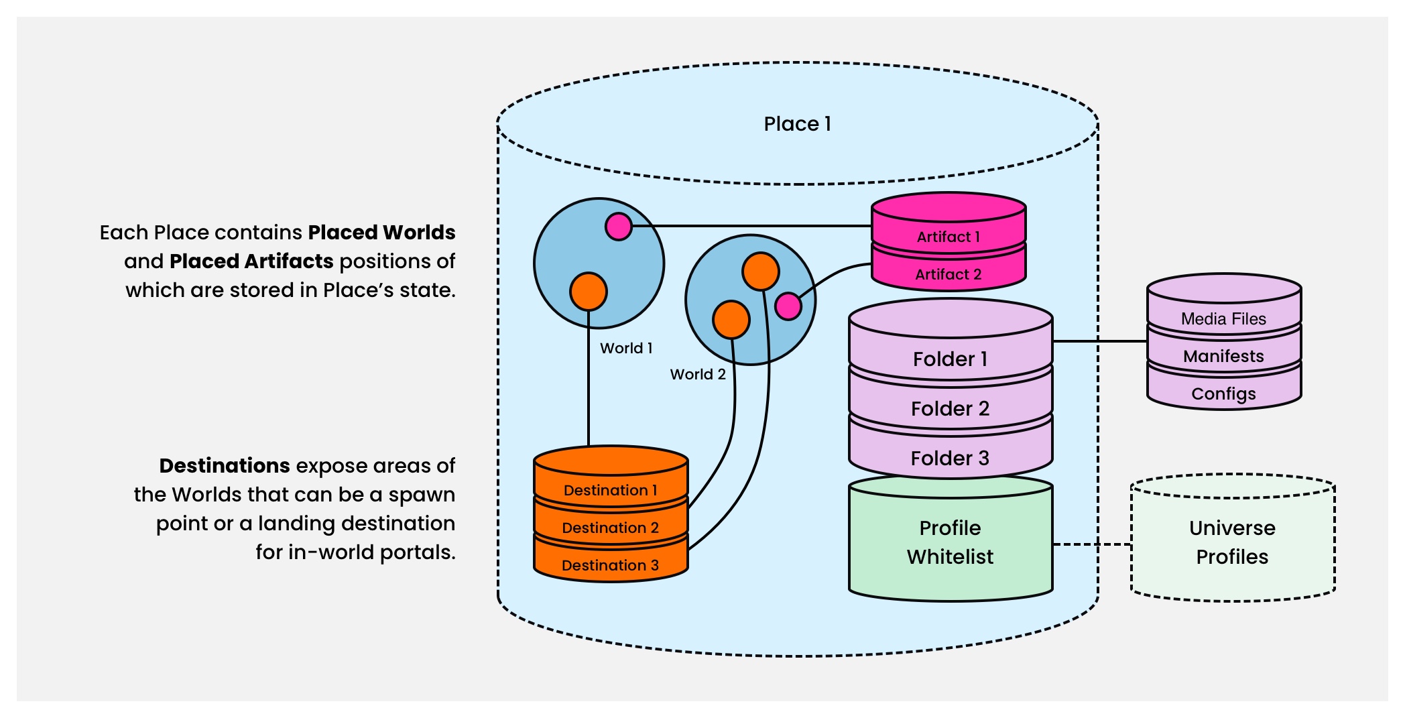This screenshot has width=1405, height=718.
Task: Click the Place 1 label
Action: (797, 124)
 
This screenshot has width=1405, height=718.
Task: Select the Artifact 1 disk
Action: (948, 236)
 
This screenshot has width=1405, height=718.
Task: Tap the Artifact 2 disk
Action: (948, 274)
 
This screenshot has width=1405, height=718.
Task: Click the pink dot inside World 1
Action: (618, 227)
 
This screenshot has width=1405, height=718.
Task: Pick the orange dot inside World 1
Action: (588, 292)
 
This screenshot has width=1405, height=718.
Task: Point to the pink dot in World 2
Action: (788, 306)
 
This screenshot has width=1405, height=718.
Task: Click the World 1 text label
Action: (625, 349)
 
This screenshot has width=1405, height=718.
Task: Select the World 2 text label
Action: (697, 375)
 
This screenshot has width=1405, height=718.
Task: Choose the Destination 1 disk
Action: (610, 490)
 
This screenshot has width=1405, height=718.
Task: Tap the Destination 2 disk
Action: (610, 528)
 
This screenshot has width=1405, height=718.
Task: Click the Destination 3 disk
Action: (610, 565)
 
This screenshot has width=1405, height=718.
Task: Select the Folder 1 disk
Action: (950, 359)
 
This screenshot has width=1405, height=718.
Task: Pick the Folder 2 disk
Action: (950, 409)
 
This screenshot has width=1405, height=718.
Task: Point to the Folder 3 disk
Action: (950, 459)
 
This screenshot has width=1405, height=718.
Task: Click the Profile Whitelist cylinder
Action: (950, 542)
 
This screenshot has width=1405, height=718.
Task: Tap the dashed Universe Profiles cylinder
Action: (1232, 542)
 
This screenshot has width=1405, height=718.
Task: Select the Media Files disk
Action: (1223, 319)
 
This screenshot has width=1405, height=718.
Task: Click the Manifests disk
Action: (1223, 357)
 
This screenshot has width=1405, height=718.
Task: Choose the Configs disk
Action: (1223, 394)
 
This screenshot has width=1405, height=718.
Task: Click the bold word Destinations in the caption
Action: (225, 466)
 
